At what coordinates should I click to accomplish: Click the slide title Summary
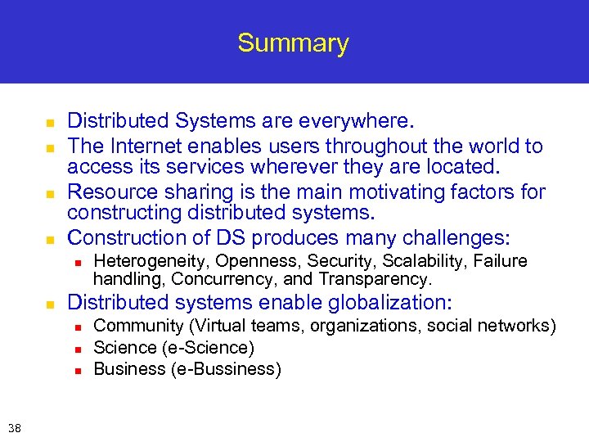[x=293, y=43]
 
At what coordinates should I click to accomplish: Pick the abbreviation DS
[x=232, y=238]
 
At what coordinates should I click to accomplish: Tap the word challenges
[x=446, y=238]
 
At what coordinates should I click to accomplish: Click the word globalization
[x=389, y=303]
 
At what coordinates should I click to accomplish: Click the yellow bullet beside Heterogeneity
[x=77, y=263]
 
